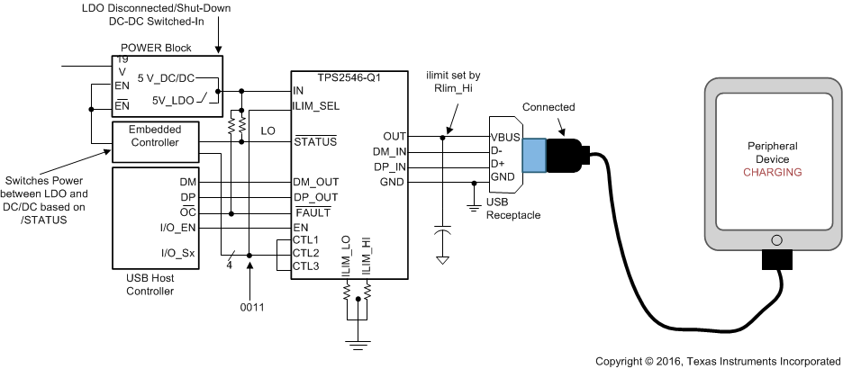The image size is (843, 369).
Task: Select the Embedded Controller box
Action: (153, 136)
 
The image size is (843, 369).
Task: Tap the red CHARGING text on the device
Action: (773, 172)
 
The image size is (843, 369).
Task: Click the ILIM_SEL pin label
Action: (316, 106)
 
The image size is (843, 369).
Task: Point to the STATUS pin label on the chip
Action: (314, 141)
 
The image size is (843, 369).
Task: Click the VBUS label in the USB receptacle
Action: (505, 137)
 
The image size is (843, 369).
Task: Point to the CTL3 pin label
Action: (307, 265)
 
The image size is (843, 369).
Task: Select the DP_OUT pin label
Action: (315, 197)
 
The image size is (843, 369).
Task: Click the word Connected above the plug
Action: (548, 107)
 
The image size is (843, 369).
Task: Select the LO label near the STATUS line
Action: (267, 131)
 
